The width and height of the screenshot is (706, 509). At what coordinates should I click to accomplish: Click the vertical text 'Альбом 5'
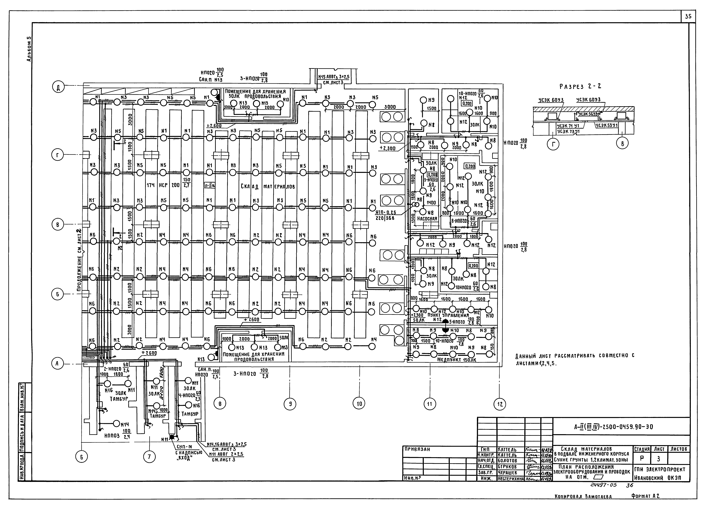click(x=29, y=49)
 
